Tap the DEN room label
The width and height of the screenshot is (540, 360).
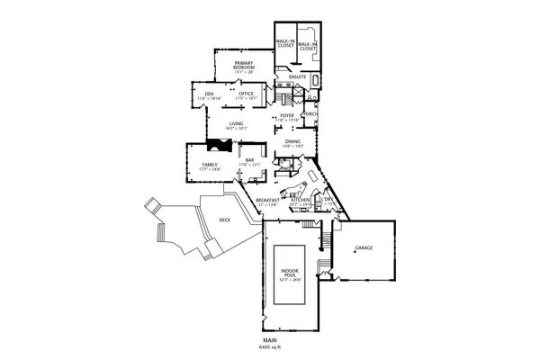(x=207, y=93)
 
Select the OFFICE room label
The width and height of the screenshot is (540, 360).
(x=247, y=93)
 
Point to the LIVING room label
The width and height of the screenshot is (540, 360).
(x=237, y=123)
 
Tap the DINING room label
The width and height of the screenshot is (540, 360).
(x=293, y=141)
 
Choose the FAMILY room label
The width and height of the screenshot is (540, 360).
(x=210, y=165)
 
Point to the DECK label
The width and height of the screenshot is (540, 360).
(x=223, y=220)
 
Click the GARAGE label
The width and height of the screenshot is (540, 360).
(x=364, y=247)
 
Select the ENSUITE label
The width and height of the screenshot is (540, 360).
(x=298, y=76)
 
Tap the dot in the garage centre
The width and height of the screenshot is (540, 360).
(x=355, y=254)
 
